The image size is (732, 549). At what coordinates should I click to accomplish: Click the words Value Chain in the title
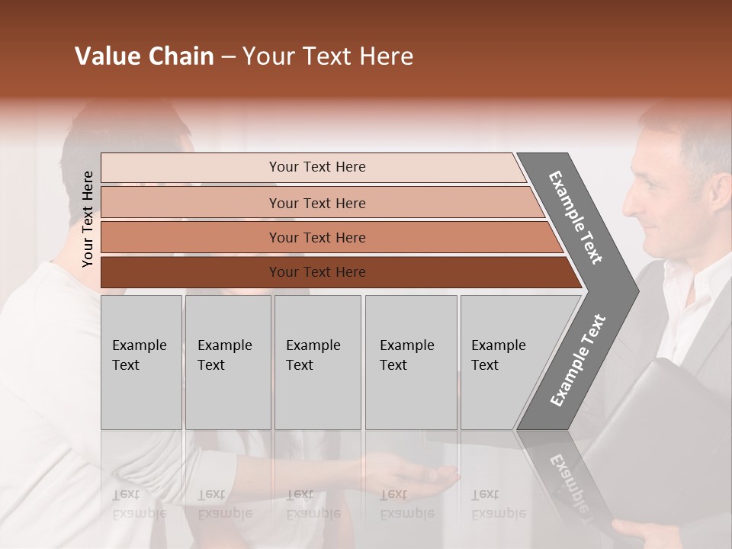[144, 56]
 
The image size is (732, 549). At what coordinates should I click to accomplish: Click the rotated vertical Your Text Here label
[88, 220]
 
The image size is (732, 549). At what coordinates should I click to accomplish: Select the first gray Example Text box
[141, 362]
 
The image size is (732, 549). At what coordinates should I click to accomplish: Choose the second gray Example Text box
[228, 362]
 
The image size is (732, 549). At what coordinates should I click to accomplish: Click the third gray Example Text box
[317, 362]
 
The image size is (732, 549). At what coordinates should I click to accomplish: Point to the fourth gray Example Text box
[411, 362]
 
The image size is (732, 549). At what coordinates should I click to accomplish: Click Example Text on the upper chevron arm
[576, 217]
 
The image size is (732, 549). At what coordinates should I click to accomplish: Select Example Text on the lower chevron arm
[578, 360]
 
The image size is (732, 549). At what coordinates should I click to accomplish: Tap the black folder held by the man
[656, 442]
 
